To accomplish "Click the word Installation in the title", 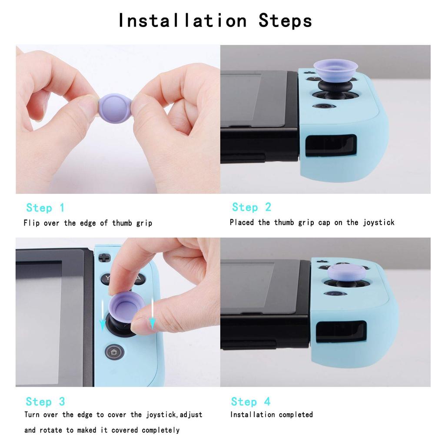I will click(183, 20).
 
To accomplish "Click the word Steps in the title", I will click(285, 20).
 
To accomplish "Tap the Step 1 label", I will click(45, 208).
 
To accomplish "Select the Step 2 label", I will click(251, 207).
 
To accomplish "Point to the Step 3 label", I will click(45, 402).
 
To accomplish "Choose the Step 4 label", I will click(250, 402).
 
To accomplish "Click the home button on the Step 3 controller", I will click(114, 351).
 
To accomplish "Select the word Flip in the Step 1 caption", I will click(31, 223).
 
